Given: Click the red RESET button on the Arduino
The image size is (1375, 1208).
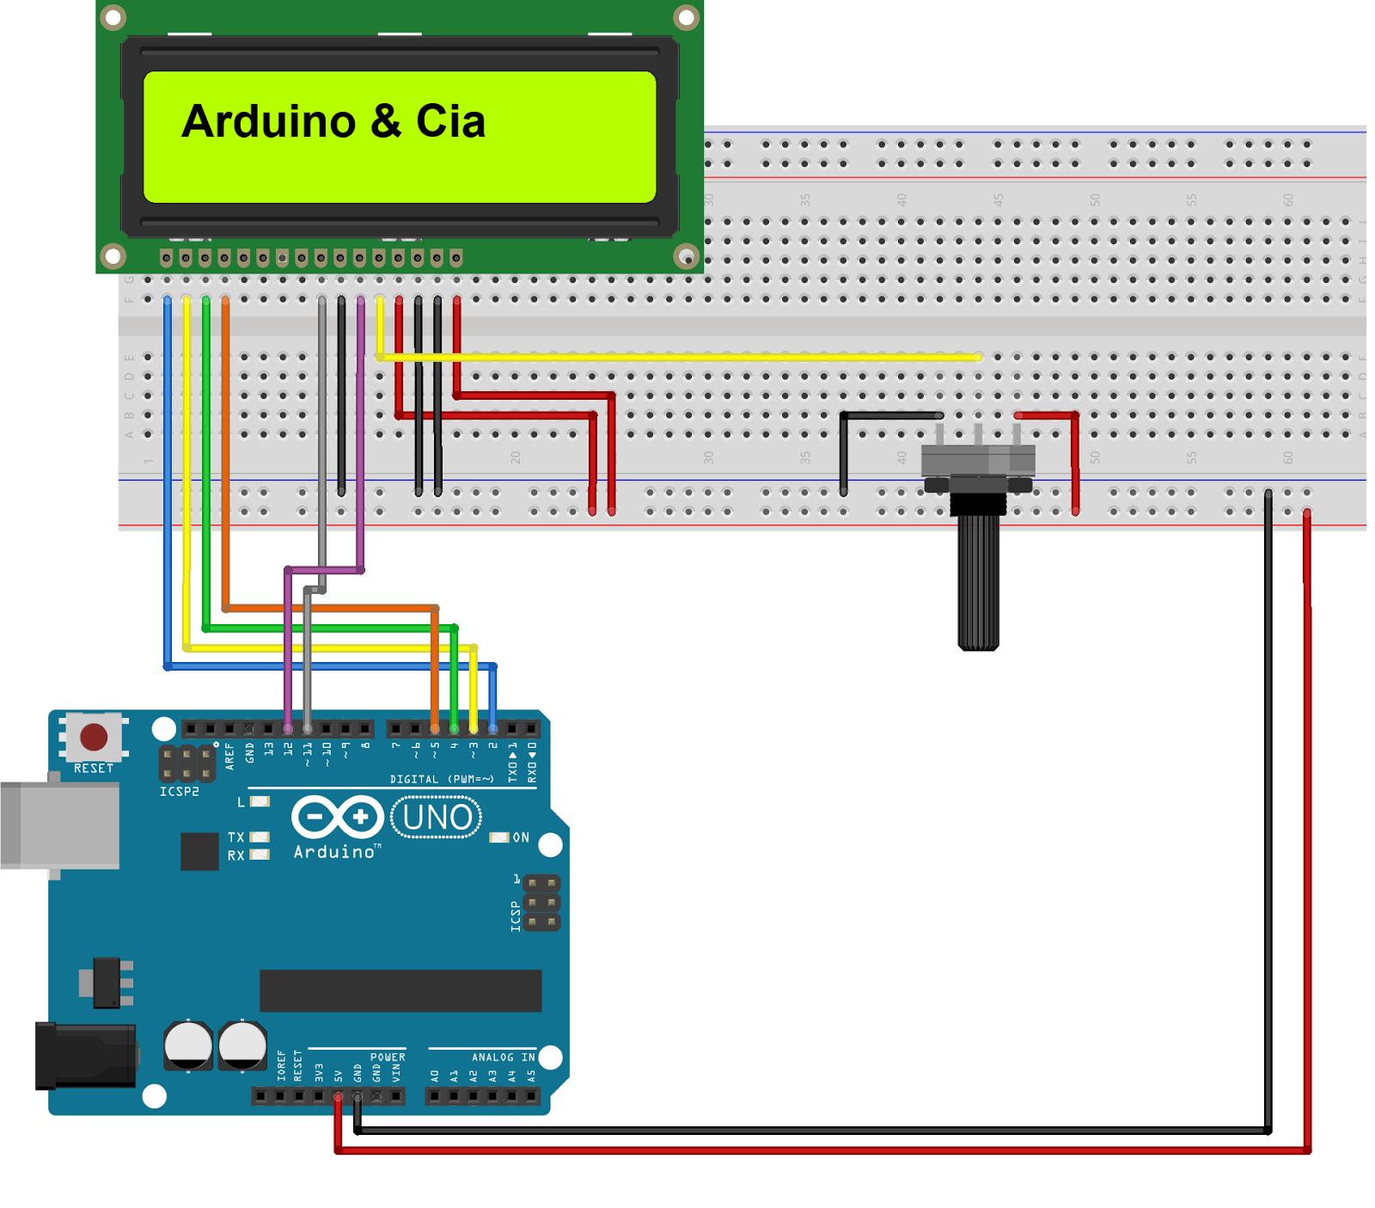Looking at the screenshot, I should click(x=93, y=737).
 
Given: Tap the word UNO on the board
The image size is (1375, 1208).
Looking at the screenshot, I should click(x=437, y=818).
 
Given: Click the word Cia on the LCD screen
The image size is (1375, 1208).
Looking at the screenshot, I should click(x=450, y=121).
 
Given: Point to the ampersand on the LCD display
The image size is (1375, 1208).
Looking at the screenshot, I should click(x=386, y=121).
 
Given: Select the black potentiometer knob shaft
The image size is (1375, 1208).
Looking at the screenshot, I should click(x=978, y=585).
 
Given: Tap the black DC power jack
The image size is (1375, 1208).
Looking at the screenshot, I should click(x=84, y=1056).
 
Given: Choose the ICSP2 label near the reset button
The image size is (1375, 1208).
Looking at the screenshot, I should click(x=179, y=791).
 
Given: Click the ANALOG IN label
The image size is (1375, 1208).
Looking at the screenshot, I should click(x=503, y=1057).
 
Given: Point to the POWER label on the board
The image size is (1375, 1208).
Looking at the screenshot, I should click(x=388, y=1057).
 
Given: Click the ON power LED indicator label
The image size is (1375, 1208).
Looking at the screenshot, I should click(x=521, y=837).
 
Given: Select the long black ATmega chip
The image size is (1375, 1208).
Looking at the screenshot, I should click(x=400, y=990).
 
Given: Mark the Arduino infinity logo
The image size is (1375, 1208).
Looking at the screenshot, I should click(x=337, y=817).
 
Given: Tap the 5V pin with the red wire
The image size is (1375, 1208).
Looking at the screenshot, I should click(x=338, y=1097).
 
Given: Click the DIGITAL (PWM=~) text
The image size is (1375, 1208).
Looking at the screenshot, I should click(x=442, y=779).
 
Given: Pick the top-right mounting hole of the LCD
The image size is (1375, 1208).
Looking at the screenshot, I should click(x=686, y=17).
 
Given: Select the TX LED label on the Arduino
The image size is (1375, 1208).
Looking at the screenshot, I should click(x=235, y=837).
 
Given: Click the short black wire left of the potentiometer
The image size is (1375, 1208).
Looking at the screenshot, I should click(x=885, y=416).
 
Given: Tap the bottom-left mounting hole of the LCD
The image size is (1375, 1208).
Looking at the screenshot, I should click(x=113, y=255).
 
